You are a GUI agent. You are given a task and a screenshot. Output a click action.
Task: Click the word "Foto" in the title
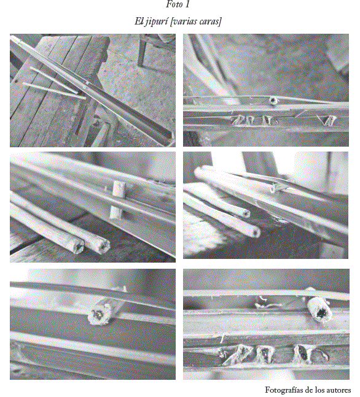pyautogui.click(x=174, y=4)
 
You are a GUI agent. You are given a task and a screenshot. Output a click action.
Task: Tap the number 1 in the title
pyautogui.click(x=187, y=4)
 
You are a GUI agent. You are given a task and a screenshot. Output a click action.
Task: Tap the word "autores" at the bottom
pyautogui.click(x=338, y=390)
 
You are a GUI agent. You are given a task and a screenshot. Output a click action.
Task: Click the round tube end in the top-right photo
pyautogui.click(x=273, y=101)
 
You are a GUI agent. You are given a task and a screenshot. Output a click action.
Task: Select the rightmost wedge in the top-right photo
pyautogui.click(x=329, y=120)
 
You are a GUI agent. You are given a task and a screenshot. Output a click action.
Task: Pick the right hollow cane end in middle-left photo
pyautogui.click(x=103, y=246)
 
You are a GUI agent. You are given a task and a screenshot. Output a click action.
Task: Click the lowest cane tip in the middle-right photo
pyautogui.click(x=254, y=232)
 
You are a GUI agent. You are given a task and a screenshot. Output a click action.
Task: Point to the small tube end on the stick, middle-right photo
pyautogui.click(x=273, y=188)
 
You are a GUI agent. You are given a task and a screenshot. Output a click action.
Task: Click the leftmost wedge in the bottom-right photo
pyautogui.click(x=237, y=353)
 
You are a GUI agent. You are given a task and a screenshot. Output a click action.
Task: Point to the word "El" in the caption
pyautogui.click(x=139, y=21)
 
